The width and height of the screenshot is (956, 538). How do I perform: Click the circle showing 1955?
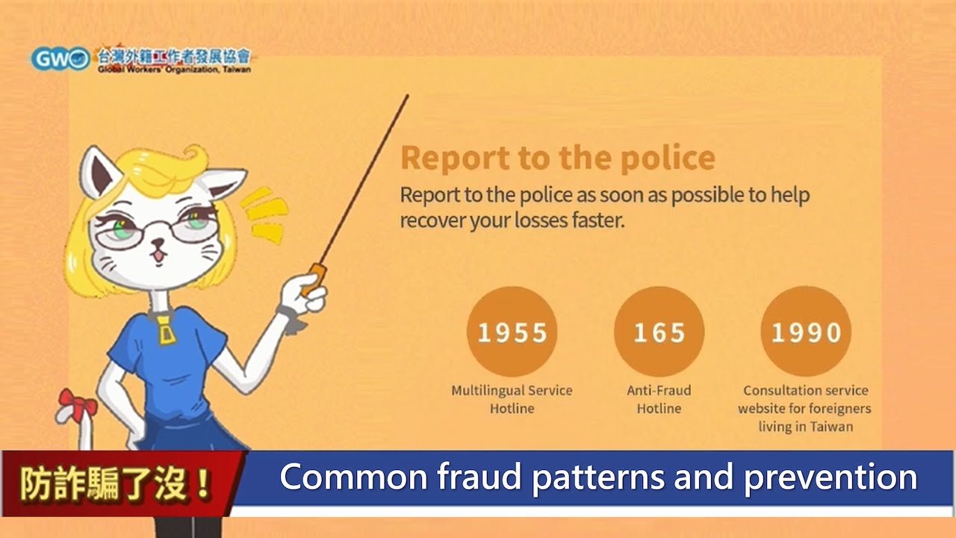(512, 331)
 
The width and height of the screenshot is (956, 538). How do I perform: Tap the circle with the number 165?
(659, 331)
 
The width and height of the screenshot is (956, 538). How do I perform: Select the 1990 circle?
(806, 331)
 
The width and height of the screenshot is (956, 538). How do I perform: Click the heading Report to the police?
(558, 158)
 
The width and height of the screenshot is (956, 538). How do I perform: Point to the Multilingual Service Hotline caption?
(512, 399)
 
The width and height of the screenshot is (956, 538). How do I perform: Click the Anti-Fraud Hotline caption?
(659, 399)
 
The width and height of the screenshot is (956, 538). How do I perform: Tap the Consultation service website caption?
(805, 409)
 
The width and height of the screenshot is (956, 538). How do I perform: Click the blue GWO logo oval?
(60, 59)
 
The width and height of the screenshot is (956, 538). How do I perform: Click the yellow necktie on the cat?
(166, 330)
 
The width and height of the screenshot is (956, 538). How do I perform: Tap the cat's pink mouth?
(158, 256)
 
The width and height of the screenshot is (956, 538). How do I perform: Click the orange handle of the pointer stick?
(314, 279)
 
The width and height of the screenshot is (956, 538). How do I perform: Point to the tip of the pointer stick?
(408, 96)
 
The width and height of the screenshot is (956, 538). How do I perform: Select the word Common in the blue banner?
(354, 477)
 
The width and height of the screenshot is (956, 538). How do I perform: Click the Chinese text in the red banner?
(116, 483)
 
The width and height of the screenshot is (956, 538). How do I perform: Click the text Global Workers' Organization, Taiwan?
(174, 69)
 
